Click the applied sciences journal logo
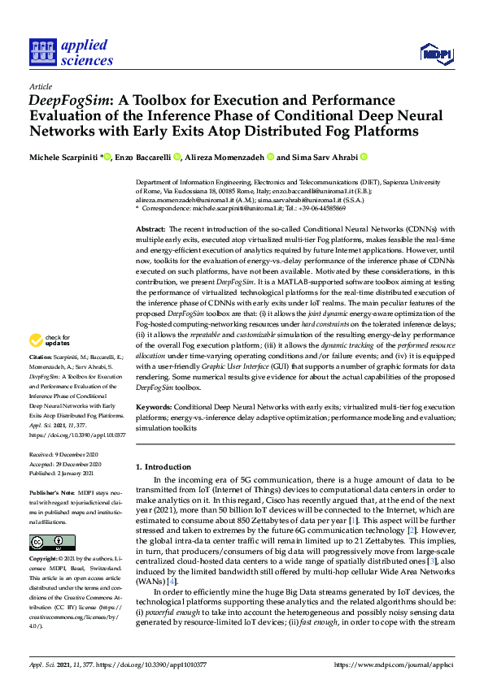click(x=71, y=50)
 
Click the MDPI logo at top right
click(x=435, y=54)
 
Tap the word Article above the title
click(x=40, y=86)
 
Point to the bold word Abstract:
click(x=152, y=231)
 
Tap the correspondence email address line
click(x=252, y=208)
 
